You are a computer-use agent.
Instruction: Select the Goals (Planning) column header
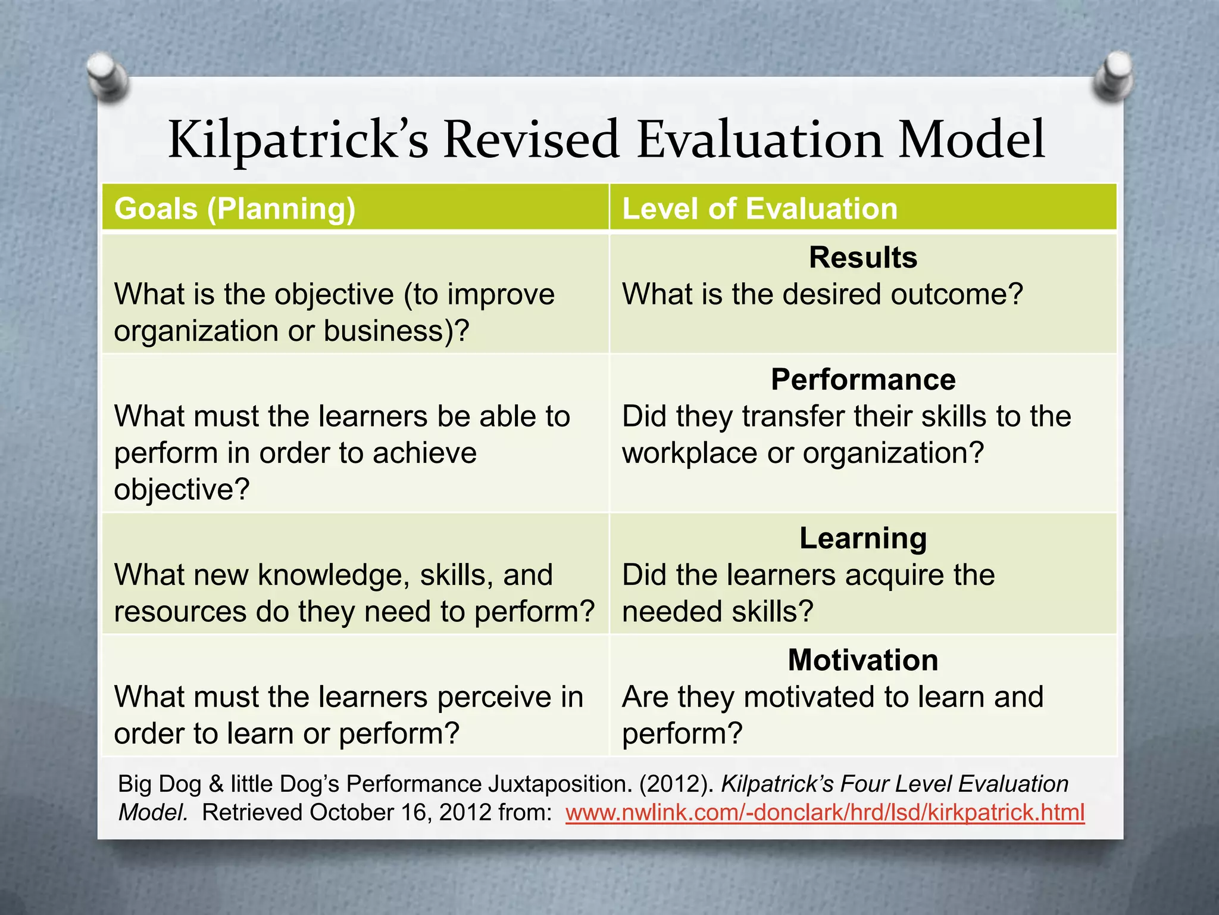(x=235, y=208)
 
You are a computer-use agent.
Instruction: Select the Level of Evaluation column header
(x=759, y=208)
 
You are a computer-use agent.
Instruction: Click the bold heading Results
(x=862, y=257)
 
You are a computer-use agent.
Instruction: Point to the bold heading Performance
(x=862, y=379)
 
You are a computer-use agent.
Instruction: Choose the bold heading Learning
(x=862, y=538)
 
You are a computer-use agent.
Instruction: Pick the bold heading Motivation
(x=862, y=660)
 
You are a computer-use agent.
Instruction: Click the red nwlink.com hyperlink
(x=825, y=813)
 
